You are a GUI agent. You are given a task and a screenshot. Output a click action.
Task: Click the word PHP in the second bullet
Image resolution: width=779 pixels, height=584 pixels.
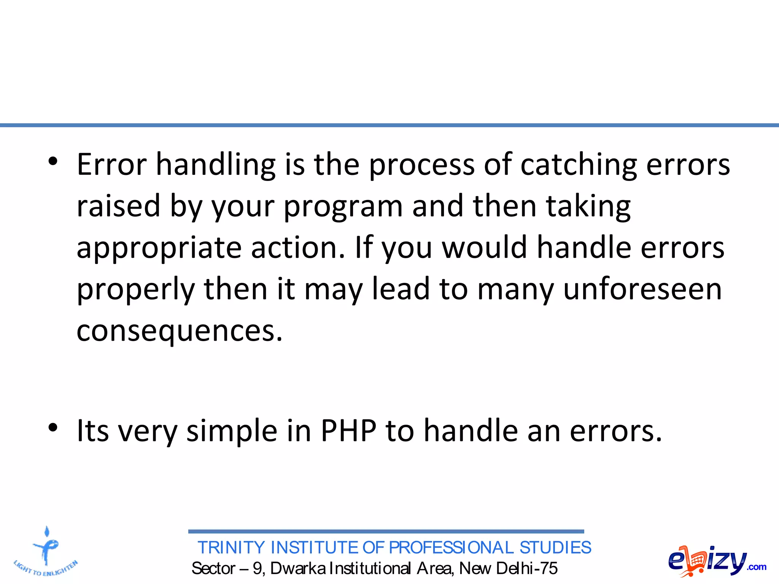[x=348, y=431]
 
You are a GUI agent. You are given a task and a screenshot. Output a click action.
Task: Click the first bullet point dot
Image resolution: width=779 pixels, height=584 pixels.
[x=53, y=162]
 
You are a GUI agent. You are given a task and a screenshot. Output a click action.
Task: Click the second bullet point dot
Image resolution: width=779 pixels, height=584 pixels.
[x=53, y=427]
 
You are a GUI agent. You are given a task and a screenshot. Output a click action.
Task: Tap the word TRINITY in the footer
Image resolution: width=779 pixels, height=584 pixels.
[x=231, y=548]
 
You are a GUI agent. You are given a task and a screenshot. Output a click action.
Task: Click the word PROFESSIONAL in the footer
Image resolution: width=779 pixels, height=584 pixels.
[x=451, y=548]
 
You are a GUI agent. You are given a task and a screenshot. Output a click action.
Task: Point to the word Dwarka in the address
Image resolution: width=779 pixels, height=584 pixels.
[x=298, y=568]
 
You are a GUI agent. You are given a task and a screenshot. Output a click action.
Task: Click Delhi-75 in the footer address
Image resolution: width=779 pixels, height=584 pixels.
[x=527, y=568]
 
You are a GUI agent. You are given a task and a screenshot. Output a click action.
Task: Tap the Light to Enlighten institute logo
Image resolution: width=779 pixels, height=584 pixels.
[x=46, y=551]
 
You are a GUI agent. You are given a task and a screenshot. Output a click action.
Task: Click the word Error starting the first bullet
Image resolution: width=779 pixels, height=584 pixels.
[x=111, y=165]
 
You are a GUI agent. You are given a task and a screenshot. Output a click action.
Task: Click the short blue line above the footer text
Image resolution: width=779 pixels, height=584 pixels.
[x=386, y=531]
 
